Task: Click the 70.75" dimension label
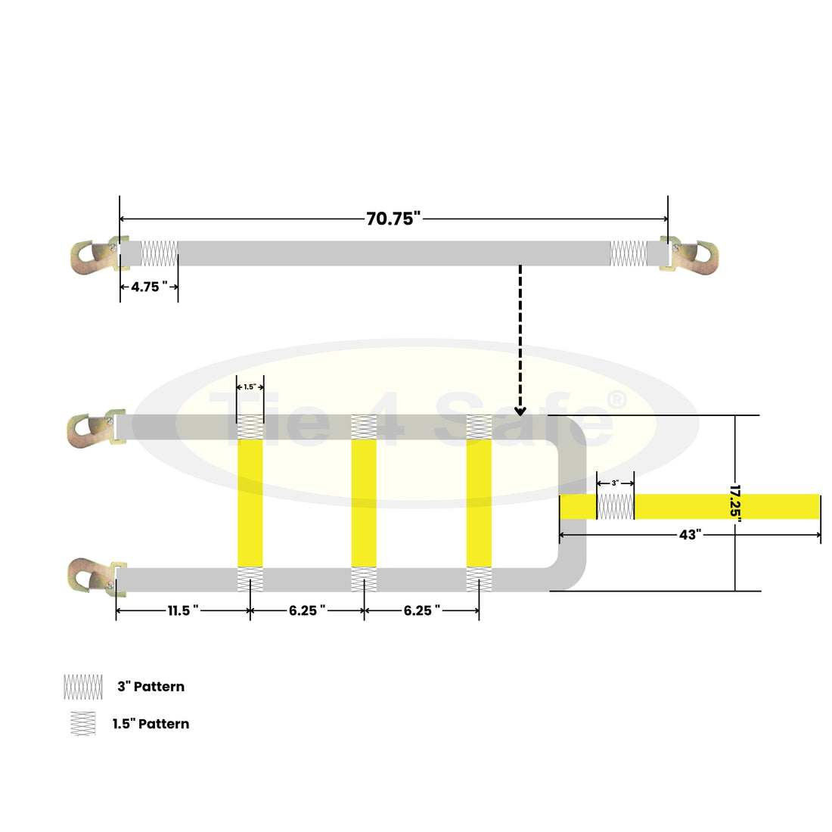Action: coord(393,219)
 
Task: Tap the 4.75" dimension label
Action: coord(149,287)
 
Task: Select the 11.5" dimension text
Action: coord(183,610)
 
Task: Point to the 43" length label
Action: coord(691,535)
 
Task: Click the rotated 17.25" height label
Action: coord(735,503)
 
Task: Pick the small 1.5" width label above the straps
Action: coord(250,387)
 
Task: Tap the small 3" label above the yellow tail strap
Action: coord(615,483)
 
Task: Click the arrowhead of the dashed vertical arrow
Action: coord(520,411)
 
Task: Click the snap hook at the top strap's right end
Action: coord(689,255)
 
